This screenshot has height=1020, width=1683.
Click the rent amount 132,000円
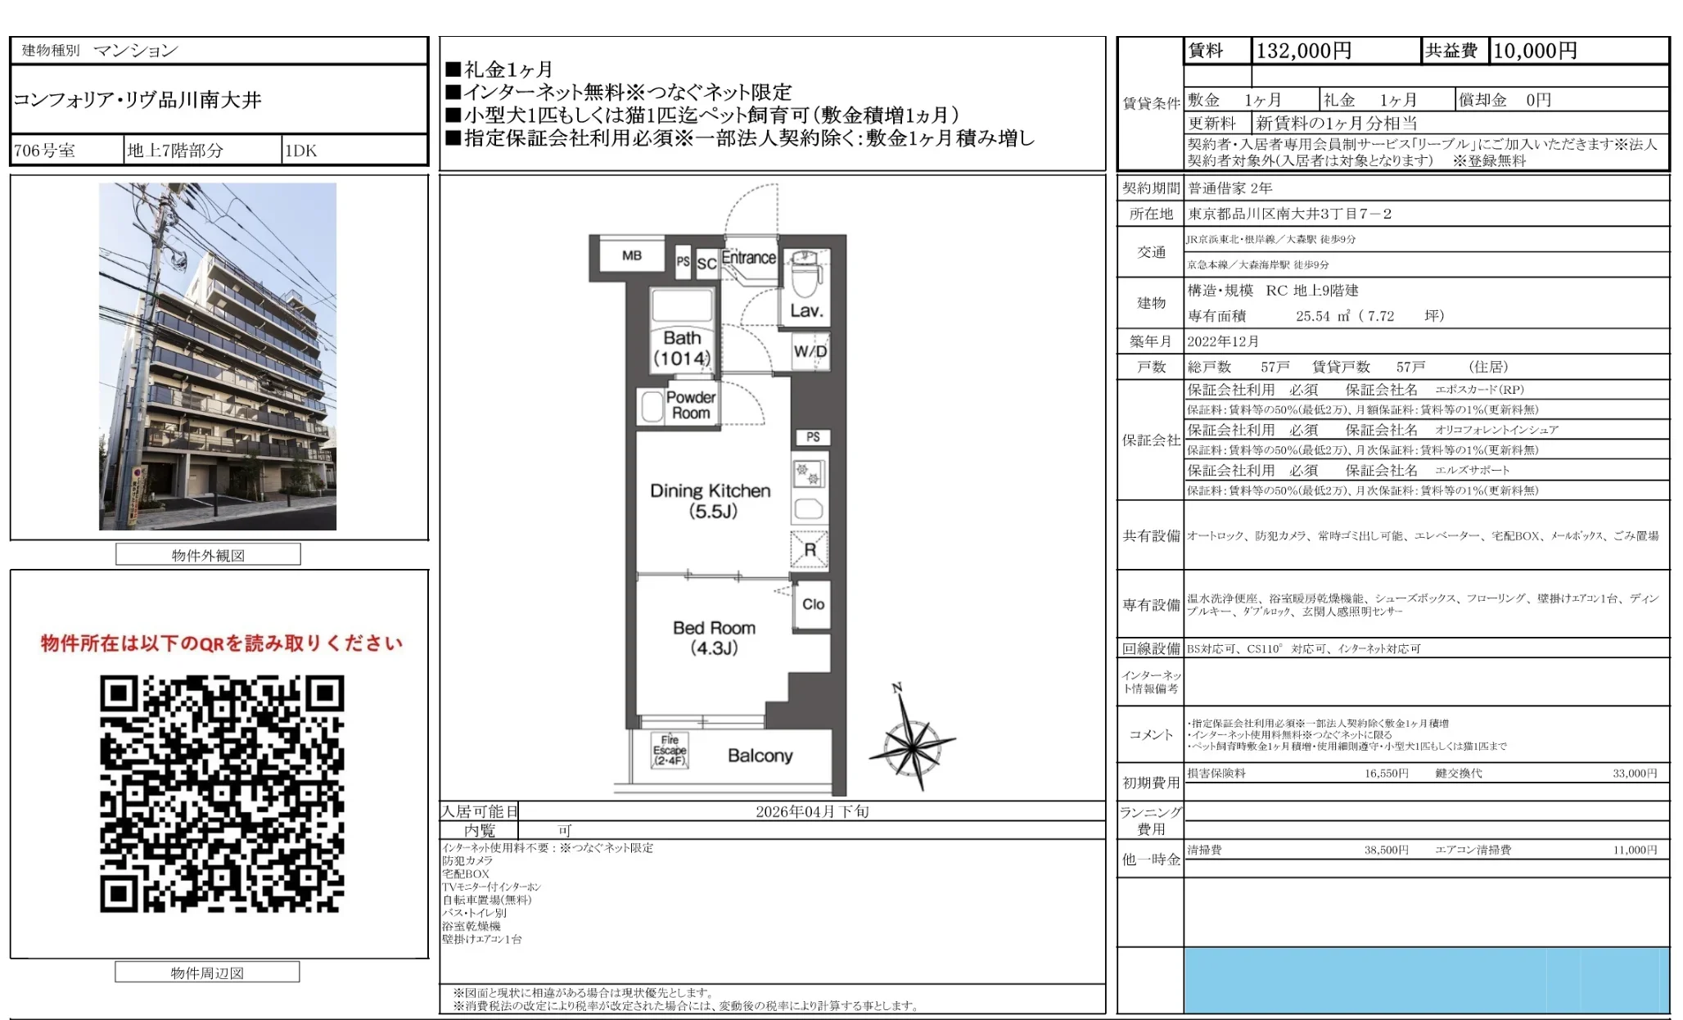pos(1303,51)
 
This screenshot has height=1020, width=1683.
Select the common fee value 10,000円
pos(1535,51)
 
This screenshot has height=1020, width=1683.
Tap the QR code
pos(222,793)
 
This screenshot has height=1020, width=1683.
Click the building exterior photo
pos(218,356)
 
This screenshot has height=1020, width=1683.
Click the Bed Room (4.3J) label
pos(714,638)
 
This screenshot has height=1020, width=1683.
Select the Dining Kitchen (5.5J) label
pos(711,500)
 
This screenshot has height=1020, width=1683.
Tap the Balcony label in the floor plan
pos(760,756)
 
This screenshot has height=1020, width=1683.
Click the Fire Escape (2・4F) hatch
pos(670,750)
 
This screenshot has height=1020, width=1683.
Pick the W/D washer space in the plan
pos(810,352)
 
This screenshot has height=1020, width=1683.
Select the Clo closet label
pos(813,604)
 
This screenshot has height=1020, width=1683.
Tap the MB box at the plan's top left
pos(631,255)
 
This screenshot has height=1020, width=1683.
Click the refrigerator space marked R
pos(810,549)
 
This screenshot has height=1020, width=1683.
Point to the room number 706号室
pos(45,151)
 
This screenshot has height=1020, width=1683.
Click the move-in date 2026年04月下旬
pos(811,811)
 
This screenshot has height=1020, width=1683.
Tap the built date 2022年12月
pos(1223,341)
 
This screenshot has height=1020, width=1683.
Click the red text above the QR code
pos(222,643)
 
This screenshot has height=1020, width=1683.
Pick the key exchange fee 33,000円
pos(1634,774)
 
